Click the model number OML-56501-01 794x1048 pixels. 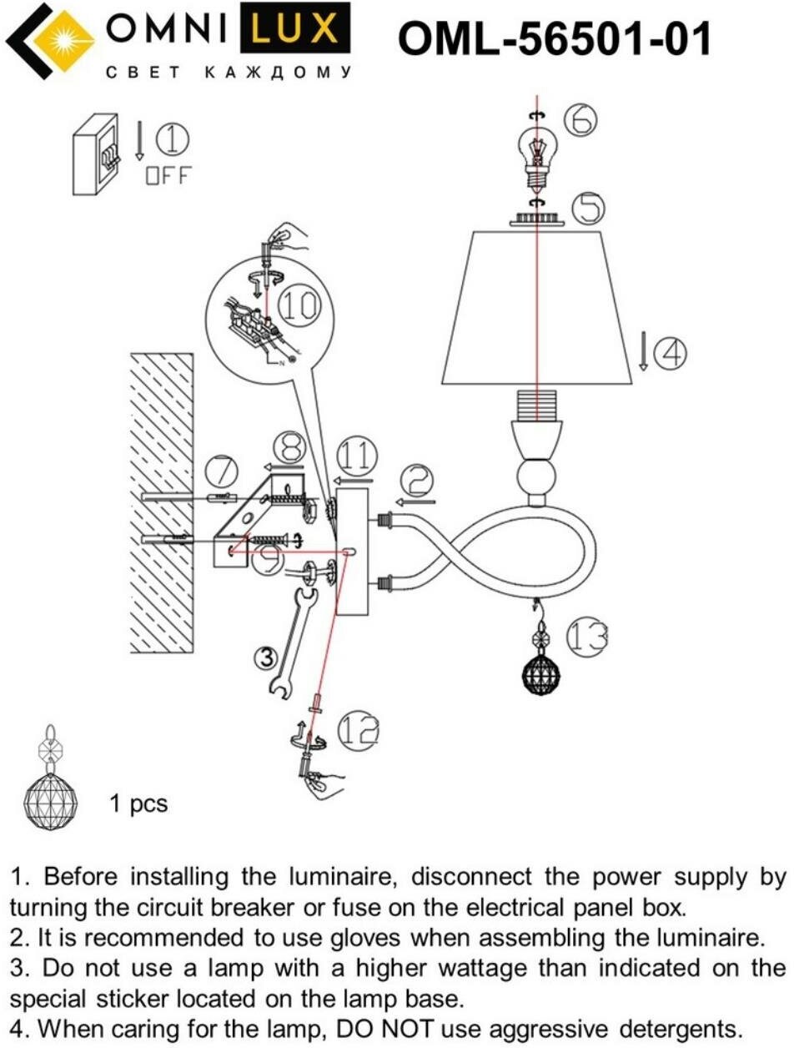pos(555,38)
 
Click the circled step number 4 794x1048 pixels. pos(670,352)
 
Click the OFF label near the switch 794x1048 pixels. pos(168,175)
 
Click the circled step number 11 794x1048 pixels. pos(356,456)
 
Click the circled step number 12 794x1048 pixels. pos(357,731)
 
